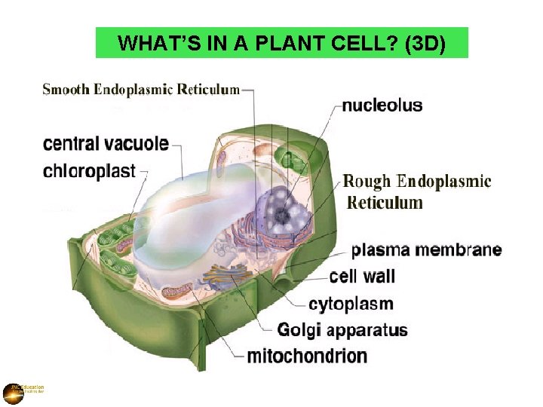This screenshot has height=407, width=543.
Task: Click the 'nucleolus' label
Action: [382, 106]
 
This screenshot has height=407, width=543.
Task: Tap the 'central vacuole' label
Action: [106, 143]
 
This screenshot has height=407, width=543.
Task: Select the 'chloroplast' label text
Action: [89, 171]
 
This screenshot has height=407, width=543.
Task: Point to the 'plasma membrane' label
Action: [426, 249]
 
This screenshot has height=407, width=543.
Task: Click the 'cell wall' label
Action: [362, 277]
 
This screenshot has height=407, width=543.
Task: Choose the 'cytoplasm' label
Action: [351, 304]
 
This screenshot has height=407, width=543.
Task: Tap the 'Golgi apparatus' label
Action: [342, 330]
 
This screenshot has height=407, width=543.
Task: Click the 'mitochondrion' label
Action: [307, 356]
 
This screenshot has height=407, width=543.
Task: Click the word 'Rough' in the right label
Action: [367, 182]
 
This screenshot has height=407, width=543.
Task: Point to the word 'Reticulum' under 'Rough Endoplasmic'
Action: [385, 203]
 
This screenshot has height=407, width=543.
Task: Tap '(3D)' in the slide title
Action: [426, 44]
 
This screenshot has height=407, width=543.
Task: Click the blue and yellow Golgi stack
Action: [226, 277]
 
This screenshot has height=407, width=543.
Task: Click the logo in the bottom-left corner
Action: [14, 392]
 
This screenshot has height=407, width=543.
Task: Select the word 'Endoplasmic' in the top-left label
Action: [133, 89]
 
